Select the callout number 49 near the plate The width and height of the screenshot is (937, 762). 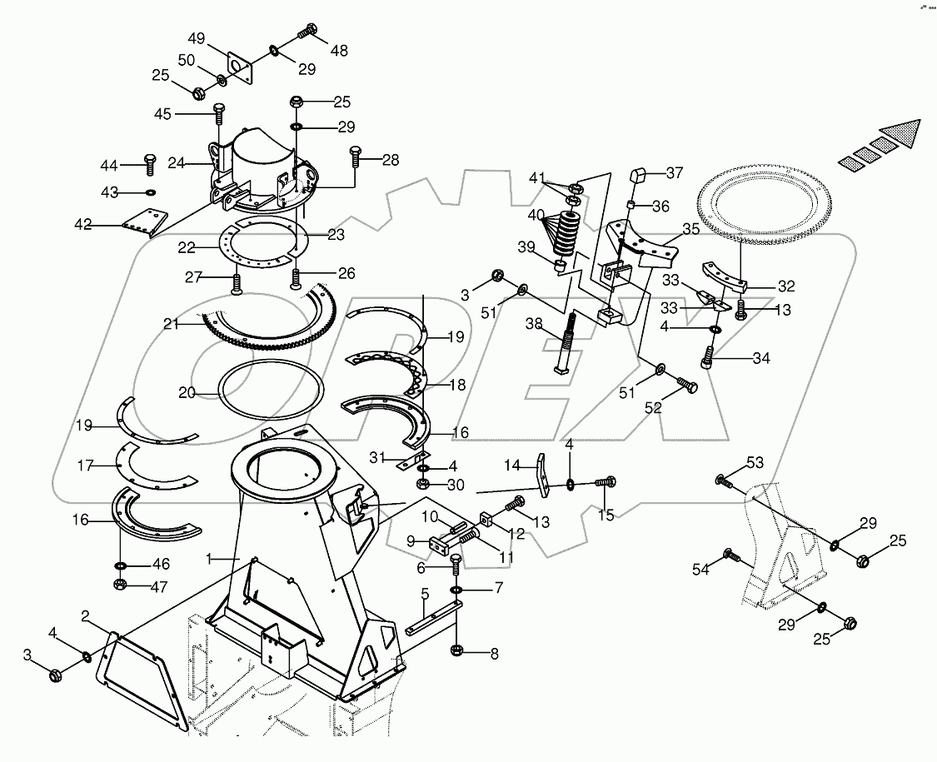click(196, 39)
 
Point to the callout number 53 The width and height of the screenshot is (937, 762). click(754, 462)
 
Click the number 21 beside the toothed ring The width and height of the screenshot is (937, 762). click(172, 325)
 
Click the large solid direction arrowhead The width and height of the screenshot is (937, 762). click(903, 133)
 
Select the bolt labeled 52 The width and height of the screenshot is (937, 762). click(688, 386)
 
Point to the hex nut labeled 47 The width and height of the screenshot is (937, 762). click(120, 585)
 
